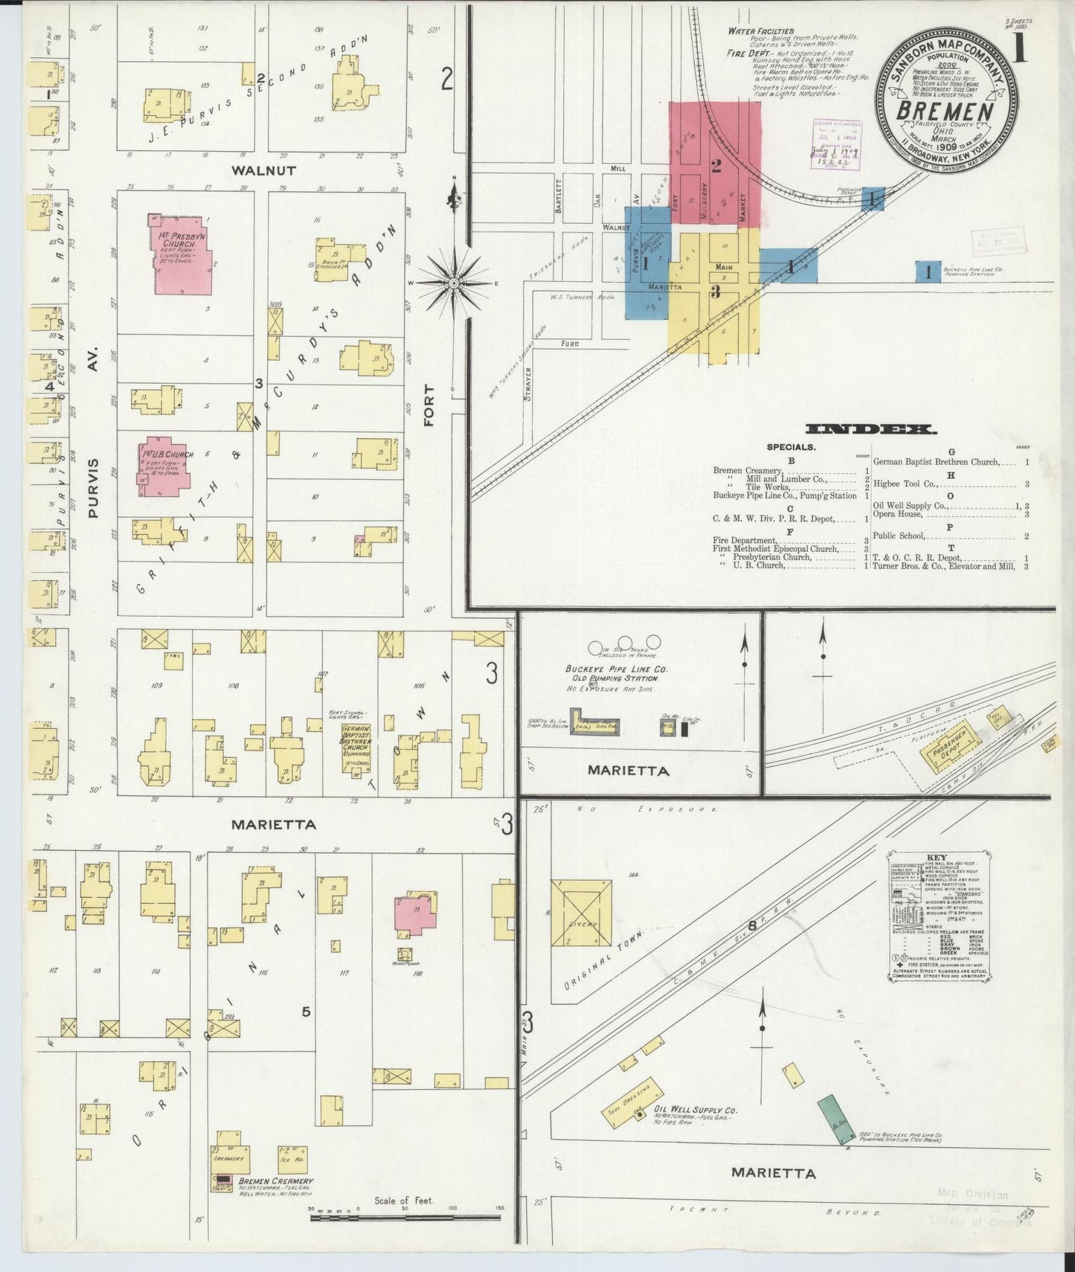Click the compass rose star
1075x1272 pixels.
coord(453,283)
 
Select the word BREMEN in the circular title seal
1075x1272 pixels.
coord(946,112)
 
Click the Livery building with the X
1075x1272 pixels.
coord(581,913)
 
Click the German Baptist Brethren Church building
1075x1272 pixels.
coord(357,749)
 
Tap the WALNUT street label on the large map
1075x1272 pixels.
coord(263,170)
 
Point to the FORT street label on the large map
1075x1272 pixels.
coord(429,405)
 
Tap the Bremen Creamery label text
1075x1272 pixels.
coord(275,1181)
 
